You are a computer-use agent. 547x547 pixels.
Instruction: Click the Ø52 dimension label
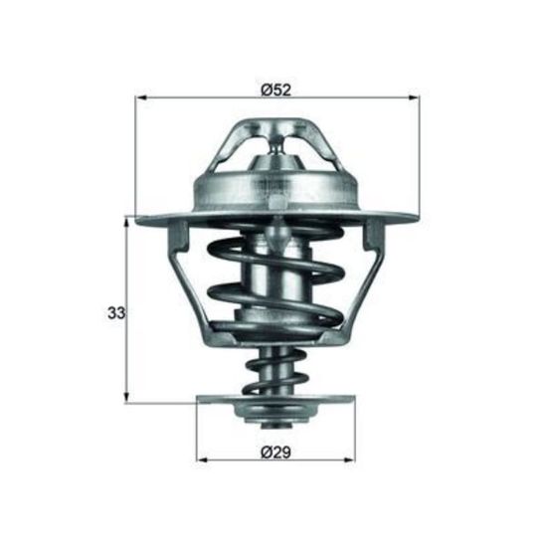(275, 91)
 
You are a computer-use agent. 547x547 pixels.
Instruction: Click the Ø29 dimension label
(275, 454)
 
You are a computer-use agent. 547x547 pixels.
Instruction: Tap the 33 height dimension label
(116, 313)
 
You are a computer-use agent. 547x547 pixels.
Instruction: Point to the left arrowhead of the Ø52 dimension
(140, 98)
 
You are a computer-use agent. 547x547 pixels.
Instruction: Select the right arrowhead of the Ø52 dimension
(414, 98)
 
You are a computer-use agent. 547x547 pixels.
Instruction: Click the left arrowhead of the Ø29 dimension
(202, 460)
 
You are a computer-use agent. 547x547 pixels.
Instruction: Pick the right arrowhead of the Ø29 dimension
(350, 460)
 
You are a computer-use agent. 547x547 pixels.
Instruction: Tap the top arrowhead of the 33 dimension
(127, 222)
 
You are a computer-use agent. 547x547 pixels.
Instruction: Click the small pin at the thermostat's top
(277, 146)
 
